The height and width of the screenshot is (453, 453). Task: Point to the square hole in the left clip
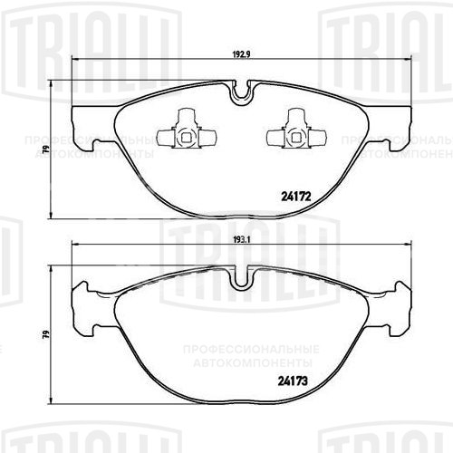coord(185,138)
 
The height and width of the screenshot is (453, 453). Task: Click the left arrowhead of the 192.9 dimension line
coord(76,61)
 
